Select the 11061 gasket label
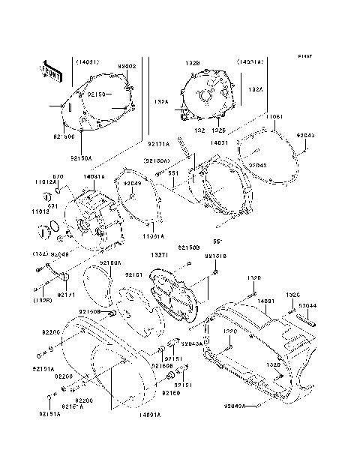click(x=274, y=118)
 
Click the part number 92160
click(x=172, y=393)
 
